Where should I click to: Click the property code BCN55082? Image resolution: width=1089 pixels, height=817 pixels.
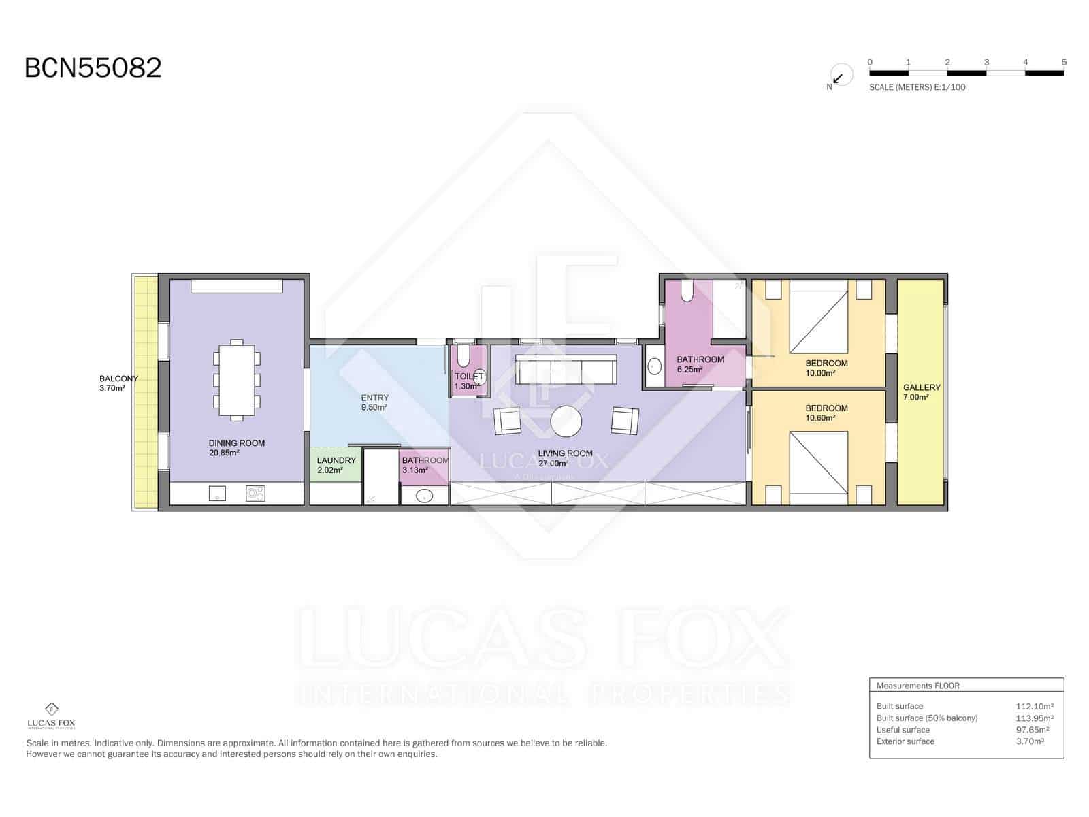pyautogui.click(x=93, y=68)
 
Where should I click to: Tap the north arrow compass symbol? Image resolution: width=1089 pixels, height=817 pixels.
pyautogui.click(x=841, y=76)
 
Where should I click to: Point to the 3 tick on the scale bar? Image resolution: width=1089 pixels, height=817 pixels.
pyautogui.click(x=986, y=62)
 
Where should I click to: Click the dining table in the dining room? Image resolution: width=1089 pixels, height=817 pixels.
pyautogui.click(x=237, y=380)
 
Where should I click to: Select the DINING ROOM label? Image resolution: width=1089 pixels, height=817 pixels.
pyautogui.click(x=237, y=443)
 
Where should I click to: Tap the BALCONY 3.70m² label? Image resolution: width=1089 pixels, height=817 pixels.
pyautogui.click(x=118, y=383)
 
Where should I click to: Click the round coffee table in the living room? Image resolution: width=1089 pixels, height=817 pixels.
pyautogui.click(x=566, y=421)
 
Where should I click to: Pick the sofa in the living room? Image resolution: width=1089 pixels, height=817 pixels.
pyautogui.click(x=566, y=369)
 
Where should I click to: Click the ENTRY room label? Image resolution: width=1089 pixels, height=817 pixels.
pyautogui.click(x=374, y=398)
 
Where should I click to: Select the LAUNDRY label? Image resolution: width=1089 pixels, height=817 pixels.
pyautogui.click(x=336, y=460)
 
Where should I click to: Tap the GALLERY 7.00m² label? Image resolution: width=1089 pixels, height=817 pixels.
pyautogui.click(x=922, y=392)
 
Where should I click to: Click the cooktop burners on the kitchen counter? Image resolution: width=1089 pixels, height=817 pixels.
pyautogui.click(x=255, y=493)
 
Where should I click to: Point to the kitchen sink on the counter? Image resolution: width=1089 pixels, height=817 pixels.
pyautogui.click(x=217, y=493)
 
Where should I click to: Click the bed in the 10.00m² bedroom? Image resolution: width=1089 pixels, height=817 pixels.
pyautogui.click(x=819, y=317)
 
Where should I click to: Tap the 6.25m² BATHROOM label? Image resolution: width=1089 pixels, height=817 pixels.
pyautogui.click(x=700, y=364)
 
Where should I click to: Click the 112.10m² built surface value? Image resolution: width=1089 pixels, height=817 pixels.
pyautogui.click(x=1035, y=707)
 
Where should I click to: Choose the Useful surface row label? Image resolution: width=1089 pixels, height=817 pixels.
pyautogui.click(x=903, y=730)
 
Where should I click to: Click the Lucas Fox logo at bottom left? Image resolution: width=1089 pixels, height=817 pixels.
pyautogui.click(x=52, y=716)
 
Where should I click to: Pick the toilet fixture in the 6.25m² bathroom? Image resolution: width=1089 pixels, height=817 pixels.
pyautogui.click(x=687, y=291)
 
